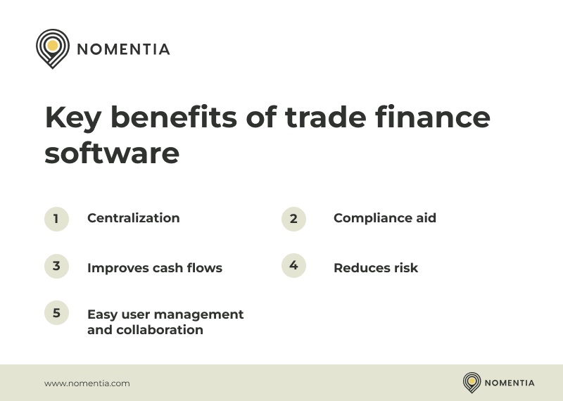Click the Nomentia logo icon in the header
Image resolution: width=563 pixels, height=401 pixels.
(52, 48)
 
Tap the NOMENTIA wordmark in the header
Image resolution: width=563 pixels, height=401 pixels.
(123, 49)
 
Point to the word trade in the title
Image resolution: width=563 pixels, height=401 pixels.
(320, 117)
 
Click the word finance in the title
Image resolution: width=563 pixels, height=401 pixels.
(437, 117)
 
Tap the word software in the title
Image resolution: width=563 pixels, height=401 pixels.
(112, 153)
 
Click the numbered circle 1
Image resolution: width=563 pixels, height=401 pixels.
(56, 219)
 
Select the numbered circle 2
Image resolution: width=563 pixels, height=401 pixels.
(293, 219)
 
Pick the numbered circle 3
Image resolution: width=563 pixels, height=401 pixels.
(56, 266)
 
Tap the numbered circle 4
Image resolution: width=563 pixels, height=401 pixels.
(293, 266)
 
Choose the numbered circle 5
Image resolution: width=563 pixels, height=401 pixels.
(56, 313)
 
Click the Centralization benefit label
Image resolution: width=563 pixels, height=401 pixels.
(133, 218)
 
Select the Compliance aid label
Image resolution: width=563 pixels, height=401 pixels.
(384, 218)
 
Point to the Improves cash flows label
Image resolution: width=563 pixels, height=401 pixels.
(154, 268)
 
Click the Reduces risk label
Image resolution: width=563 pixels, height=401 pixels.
(375, 268)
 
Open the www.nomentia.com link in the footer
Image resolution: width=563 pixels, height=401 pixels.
(87, 383)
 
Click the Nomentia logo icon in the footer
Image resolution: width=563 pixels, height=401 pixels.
(472, 383)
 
